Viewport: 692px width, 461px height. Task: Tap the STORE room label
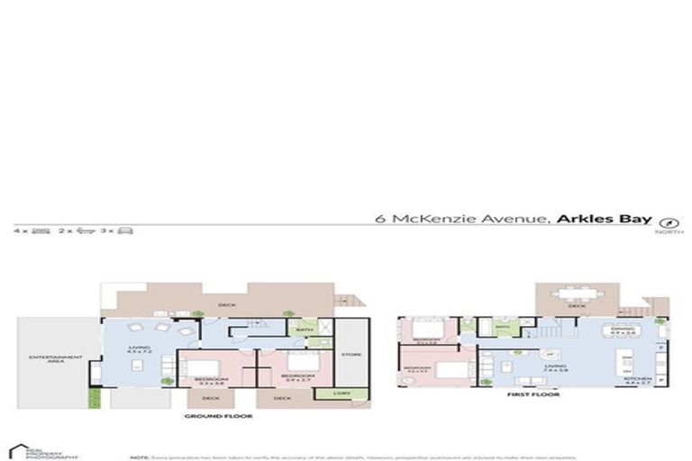(x=351, y=354)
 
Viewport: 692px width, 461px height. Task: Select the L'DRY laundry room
(x=342, y=393)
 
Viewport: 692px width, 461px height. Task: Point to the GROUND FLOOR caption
(x=218, y=417)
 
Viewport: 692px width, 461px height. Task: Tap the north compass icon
(x=669, y=221)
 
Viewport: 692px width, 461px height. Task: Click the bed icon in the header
(x=40, y=231)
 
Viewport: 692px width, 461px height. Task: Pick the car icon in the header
(x=125, y=231)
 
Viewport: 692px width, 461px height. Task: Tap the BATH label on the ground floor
(x=305, y=331)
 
